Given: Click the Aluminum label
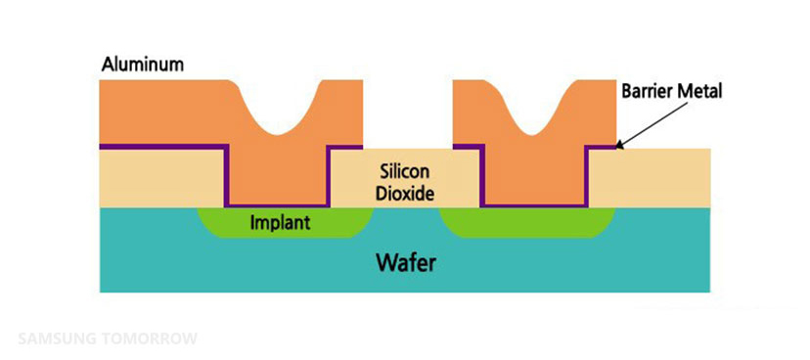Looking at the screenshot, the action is [x=143, y=66].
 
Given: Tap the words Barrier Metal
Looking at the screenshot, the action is [x=671, y=91].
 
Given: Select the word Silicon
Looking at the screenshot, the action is [x=405, y=172].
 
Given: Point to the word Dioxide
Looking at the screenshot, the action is [x=404, y=194].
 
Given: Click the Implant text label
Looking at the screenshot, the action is [x=280, y=223].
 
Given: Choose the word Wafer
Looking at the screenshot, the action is [x=406, y=263].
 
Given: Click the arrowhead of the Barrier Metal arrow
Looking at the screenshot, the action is [x=619, y=146].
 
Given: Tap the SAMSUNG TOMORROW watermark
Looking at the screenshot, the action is [x=108, y=338].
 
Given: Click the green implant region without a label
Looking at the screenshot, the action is [x=527, y=223].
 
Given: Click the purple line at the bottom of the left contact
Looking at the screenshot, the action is [x=278, y=205].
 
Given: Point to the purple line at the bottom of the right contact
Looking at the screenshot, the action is [x=534, y=205].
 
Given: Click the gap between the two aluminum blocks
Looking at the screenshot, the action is [x=408, y=113].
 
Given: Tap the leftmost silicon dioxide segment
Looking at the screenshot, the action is [x=162, y=178].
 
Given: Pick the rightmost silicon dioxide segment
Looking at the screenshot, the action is [x=650, y=178].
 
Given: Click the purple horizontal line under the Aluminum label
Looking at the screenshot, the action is [x=163, y=146].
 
